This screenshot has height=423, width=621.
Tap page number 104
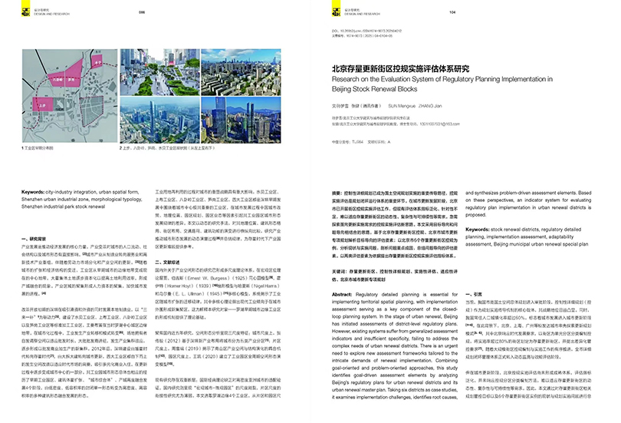452,12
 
